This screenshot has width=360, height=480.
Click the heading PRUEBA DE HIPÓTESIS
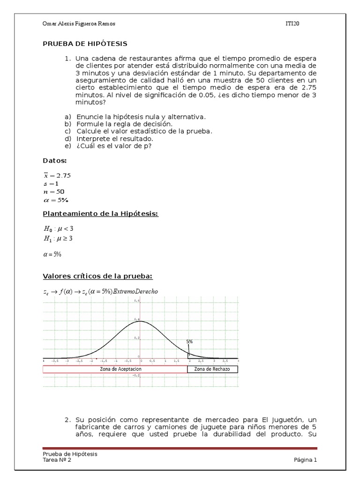click(x=85, y=44)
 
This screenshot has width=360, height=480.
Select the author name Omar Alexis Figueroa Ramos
click(x=79, y=24)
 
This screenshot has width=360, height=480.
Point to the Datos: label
click(x=55, y=161)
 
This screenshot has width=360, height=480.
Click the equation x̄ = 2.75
click(x=57, y=175)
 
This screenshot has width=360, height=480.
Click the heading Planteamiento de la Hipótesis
click(x=101, y=214)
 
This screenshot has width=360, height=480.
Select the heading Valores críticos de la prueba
click(x=97, y=276)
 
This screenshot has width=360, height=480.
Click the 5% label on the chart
click(x=189, y=342)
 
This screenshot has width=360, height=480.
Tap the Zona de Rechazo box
click(x=212, y=369)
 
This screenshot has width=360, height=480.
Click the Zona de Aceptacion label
click(x=120, y=369)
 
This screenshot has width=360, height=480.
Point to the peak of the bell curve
click(x=140, y=322)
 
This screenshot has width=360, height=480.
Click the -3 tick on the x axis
click(x=67, y=361)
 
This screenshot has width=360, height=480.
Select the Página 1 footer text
click(x=305, y=460)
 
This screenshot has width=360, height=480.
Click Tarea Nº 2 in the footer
click(x=57, y=460)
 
